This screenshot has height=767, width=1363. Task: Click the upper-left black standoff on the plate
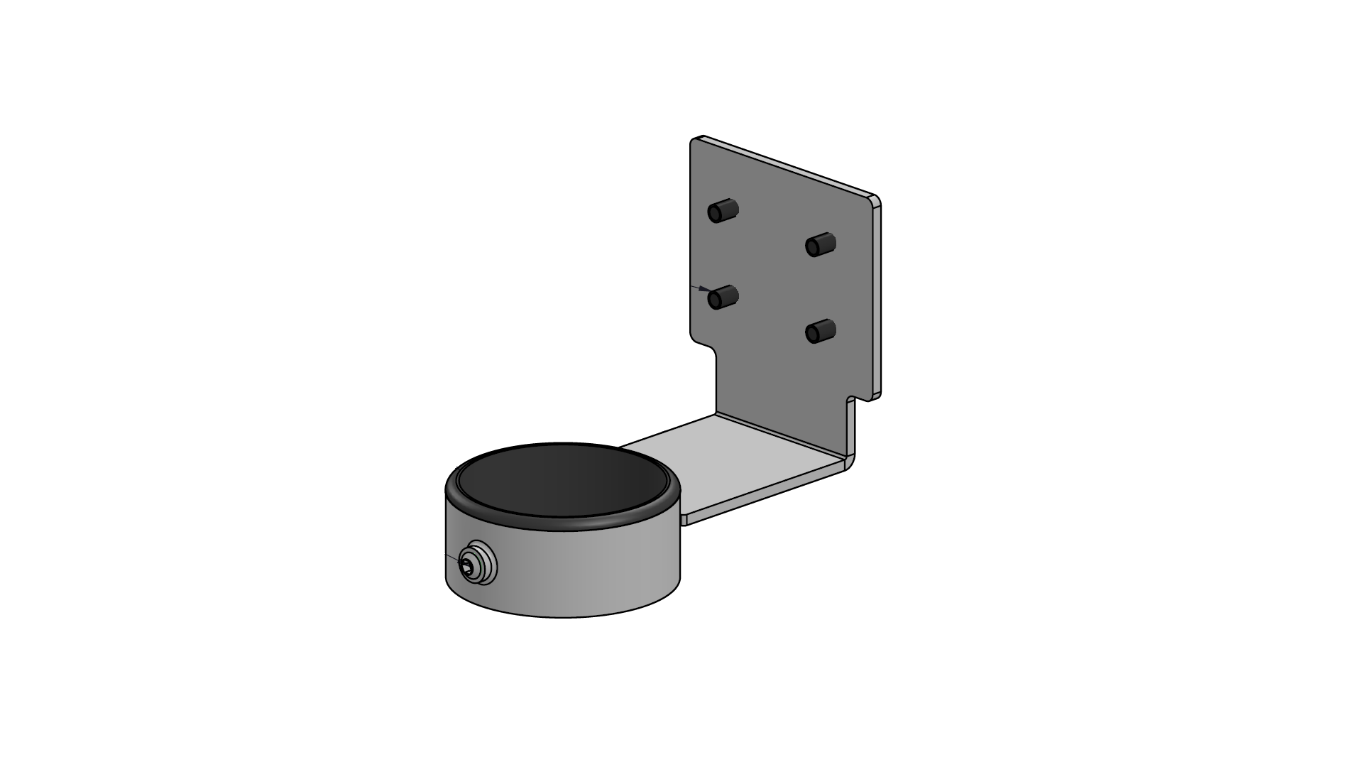coord(723,211)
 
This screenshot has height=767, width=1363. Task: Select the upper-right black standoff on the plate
coord(820,245)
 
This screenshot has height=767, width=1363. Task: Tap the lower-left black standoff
coord(723,297)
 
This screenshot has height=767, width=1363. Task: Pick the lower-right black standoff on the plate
coord(821,331)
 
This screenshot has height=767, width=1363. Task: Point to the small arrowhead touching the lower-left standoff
coord(704,289)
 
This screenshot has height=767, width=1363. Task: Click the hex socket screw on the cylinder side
coord(467,566)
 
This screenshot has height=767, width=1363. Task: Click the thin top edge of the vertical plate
coord(788,165)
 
